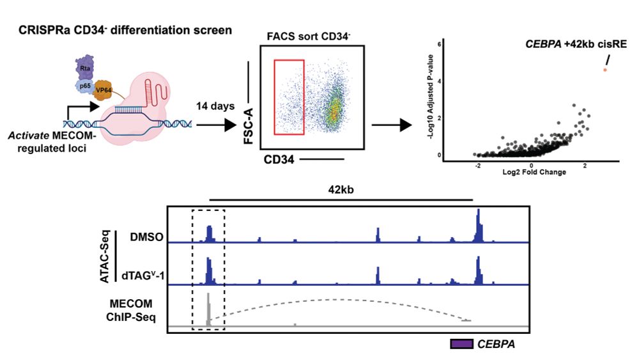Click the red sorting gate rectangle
click(289, 97)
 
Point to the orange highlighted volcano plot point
click(605, 69)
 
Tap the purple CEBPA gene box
click(461, 344)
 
